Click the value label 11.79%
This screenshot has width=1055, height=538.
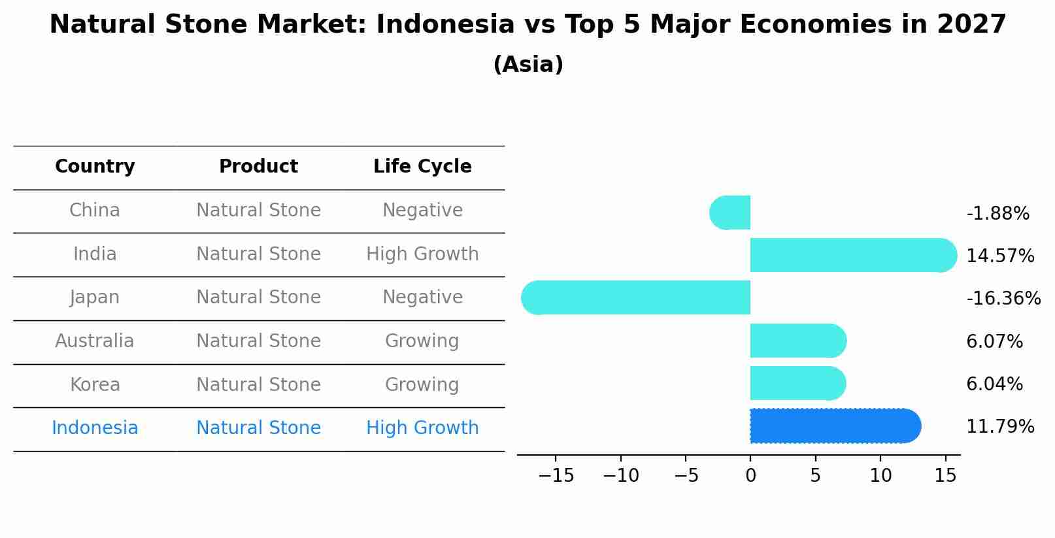[x=999, y=427]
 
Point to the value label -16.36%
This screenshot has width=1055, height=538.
[x=1003, y=299]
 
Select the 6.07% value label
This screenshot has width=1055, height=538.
[x=994, y=341]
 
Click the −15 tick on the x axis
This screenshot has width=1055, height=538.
[x=556, y=476]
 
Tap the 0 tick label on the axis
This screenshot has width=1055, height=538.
[x=750, y=476]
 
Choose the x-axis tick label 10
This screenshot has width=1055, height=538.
[x=880, y=476]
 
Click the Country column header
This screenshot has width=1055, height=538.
[x=95, y=167]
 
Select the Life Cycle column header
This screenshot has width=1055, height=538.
[x=422, y=167]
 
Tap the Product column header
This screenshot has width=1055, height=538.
[x=258, y=167]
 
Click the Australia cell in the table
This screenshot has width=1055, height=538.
[x=95, y=341]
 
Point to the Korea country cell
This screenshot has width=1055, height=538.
[x=95, y=384]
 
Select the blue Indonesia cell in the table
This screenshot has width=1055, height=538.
[x=95, y=428]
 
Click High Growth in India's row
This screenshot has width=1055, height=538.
[x=422, y=254]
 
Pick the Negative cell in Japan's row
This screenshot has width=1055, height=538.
[x=422, y=297]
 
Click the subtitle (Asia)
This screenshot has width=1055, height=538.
[x=528, y=65]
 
